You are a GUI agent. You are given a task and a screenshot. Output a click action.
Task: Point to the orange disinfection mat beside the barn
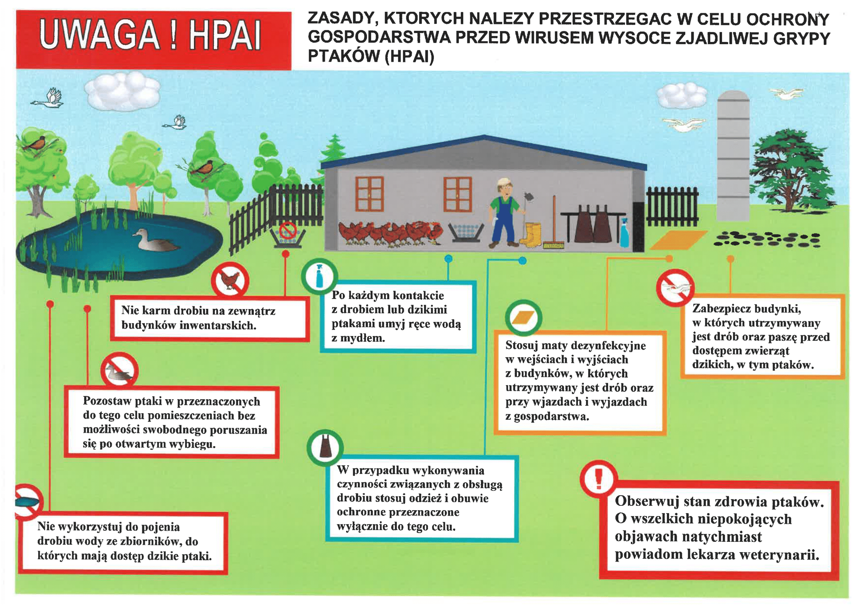click(678, 240)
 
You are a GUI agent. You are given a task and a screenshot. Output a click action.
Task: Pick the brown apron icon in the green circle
click(325, 447)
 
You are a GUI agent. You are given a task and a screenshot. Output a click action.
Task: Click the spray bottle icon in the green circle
click(319, 277)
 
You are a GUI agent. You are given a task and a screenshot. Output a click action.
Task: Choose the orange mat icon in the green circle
click(524, 318)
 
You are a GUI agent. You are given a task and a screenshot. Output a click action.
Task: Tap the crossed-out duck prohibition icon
click(119, 371)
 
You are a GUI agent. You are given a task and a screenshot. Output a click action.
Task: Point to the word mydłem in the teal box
click(358, 338)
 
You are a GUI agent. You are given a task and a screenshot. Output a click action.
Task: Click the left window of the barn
click(369, 194)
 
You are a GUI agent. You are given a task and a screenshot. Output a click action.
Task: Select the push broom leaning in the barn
click(554, 225)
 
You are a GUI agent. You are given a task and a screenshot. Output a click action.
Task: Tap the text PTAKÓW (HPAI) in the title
click(371, 57)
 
